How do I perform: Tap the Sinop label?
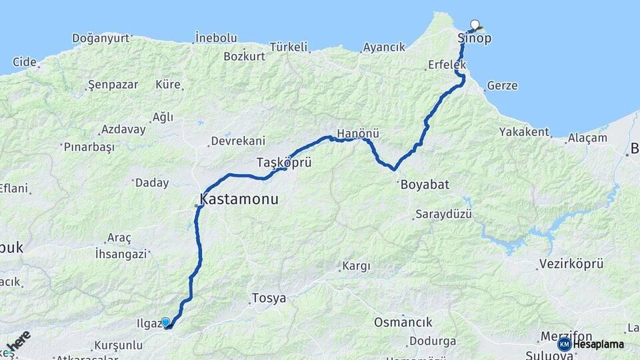pos(475,39)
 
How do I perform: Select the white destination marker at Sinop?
pos(475,25)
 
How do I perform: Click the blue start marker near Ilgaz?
pos(165,322)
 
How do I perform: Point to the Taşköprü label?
pos(284,162)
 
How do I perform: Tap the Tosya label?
pos(269,298)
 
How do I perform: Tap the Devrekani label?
pos(238,141)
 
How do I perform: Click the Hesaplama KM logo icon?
pos(565,344)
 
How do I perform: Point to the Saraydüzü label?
pos(443,214)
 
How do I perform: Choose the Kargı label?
pos(356,266)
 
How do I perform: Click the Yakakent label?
pos(524,132)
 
